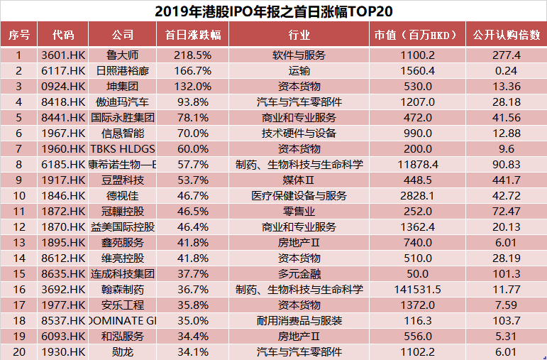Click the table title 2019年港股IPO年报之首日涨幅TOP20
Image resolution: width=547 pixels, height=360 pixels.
click(273, 11)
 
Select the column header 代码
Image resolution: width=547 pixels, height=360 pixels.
click(63, 35)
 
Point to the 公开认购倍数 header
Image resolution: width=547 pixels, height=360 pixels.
click(507, 35)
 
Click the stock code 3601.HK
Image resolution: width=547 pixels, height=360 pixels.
click(63, 55)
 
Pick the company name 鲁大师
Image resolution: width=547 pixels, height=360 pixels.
click(122, 55)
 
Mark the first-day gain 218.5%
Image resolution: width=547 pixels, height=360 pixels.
click(193, 55)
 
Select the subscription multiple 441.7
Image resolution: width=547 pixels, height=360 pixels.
click(507, 180)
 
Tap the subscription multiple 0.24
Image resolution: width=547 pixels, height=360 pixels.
click(507, 70)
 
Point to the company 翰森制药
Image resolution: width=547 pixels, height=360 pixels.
click(122, 289)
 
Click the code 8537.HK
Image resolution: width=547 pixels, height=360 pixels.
click(63, 320)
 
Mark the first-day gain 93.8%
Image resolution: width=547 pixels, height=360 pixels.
click(193, 102)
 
